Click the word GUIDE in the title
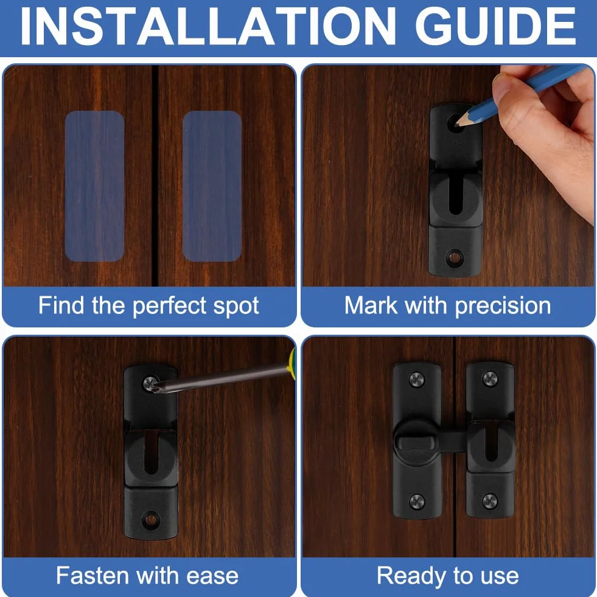[x=495, y=27]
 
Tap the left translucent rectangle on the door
[x=94, y=186]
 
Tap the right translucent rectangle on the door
[x=212, y=186]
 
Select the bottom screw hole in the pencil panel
[x=454, y=258]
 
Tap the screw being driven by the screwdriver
[x=150, y=383]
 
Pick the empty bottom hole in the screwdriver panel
[x=151, y=520]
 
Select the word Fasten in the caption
[x=92, y=575]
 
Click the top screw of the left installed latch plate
[x=417, y=380]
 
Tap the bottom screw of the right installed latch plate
[x=490, y=501]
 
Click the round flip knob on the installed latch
[x=416, y=442]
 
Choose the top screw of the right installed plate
[x=490, y=379]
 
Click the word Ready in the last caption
[x=410, y=576]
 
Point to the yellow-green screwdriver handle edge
[x=292, y=360]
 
